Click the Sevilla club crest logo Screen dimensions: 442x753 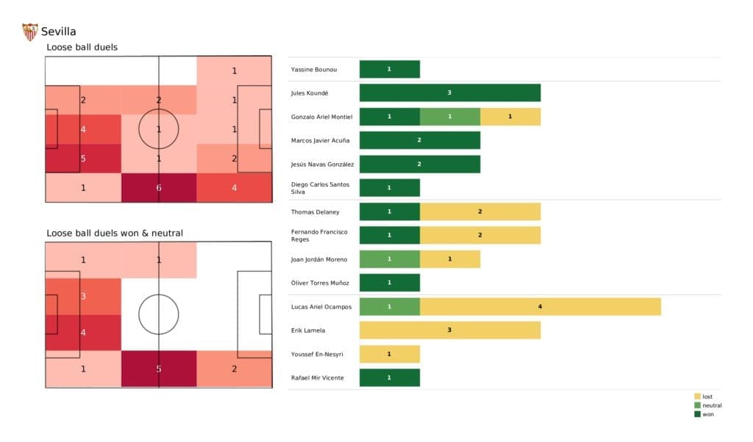point(29,32)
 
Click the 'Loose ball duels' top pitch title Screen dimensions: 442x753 point(82,48)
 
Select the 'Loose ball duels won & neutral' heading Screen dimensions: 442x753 point(115,233)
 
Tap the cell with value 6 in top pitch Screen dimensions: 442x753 point(159,188)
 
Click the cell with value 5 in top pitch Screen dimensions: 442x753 point(83,158)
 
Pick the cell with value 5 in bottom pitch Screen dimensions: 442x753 point(159,369)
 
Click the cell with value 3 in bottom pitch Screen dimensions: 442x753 point(83,297)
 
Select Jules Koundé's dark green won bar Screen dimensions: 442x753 point(449,93)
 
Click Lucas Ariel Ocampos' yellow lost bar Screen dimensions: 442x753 point(540,307)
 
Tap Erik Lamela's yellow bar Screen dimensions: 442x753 point(449,330)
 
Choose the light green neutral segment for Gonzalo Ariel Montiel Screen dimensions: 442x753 point(449,117)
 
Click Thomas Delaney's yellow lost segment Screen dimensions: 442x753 point(479,211)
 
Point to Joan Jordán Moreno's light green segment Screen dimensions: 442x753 point(389,259)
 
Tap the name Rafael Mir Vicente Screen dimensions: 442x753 point(316,378)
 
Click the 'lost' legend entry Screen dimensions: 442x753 point(707,396)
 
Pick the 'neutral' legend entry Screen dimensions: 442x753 point(711,405)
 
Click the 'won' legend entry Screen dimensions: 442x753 point(707,414)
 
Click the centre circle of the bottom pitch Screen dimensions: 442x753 point(159,314)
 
